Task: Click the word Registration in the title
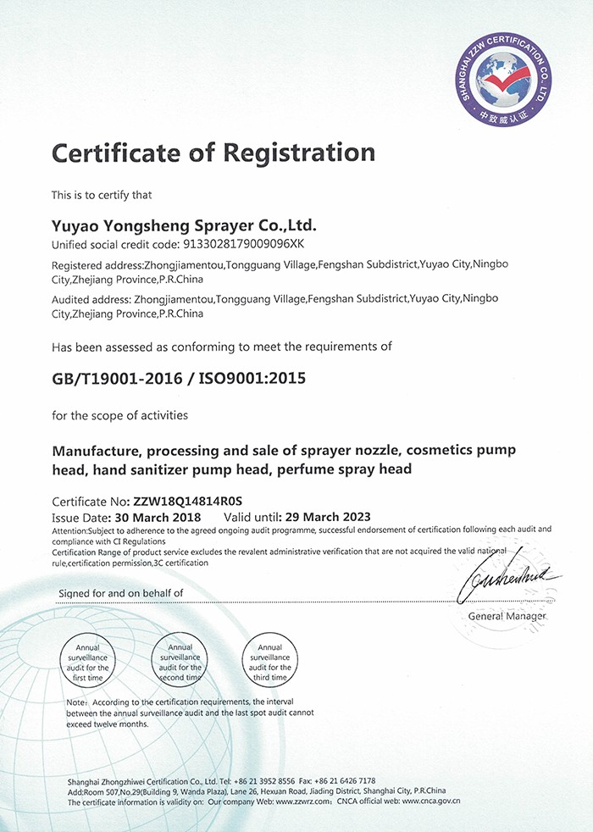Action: click(298, 153)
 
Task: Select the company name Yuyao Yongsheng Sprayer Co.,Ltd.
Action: click(184, 226)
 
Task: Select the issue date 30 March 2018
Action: click(155, 517)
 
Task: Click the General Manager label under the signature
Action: click(507, 616)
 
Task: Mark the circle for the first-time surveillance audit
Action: click(88, 662)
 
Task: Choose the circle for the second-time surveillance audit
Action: click(180, 662)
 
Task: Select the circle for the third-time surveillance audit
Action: click(269, 662)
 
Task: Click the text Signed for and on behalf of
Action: click(120, 593)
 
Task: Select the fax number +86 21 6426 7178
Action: click(343, 780)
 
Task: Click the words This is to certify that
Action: click(102, 196)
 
